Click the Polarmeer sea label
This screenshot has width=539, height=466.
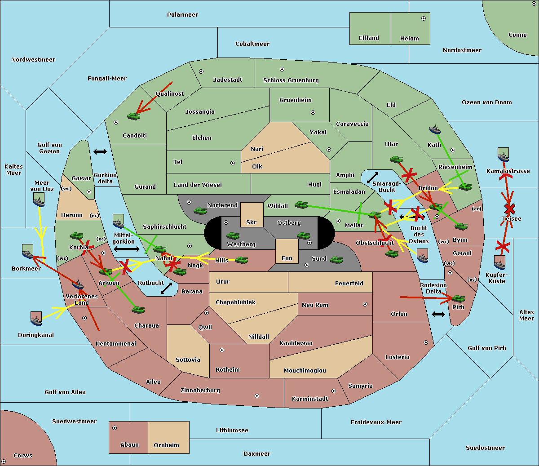pyautogui.click(x=182, y=15)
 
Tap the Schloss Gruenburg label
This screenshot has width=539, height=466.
pyautogui.click(x=291, y=80)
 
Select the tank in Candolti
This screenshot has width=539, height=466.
pyautogui.click(x=133, y=116)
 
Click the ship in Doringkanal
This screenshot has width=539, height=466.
pyautogui.click(x=36, y=319)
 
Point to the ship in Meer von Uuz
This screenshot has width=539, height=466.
pyautogui.click(x=39, y=200)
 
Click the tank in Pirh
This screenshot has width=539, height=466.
pyautogui.click(x=458, y=298)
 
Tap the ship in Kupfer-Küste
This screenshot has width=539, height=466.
pyautogui.click(x=499, y=262)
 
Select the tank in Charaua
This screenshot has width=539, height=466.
pyautogui.click(x=138, y=310)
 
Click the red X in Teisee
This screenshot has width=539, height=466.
pyautogui.click(x=510, y=209)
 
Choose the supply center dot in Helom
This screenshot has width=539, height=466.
pyautogui.click(x=424, y=18)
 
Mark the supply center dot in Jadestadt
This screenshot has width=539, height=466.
pyautogui.click(x=201, y=71)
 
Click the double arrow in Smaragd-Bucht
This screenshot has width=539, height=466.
pyautogui.click(x=372, y=178)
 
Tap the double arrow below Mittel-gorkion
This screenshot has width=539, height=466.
pyautogui.click(x=127, y=249)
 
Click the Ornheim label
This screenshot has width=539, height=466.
pyautogui.click(x=166, y=445)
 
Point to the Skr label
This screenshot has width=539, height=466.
pyautogui.click(x=252, y=222)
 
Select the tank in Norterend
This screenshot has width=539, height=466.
pyautogui.click(x=200, y=211)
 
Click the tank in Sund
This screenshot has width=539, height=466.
pyautogui.click(x=336, y=260)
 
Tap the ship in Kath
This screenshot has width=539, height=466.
pyautogui.click(x=435, y=129)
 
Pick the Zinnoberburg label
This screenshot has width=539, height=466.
pyautogui.click(x=200, y=390)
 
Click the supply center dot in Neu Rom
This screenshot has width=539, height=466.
pyautogui.click(x=365, y=304)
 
